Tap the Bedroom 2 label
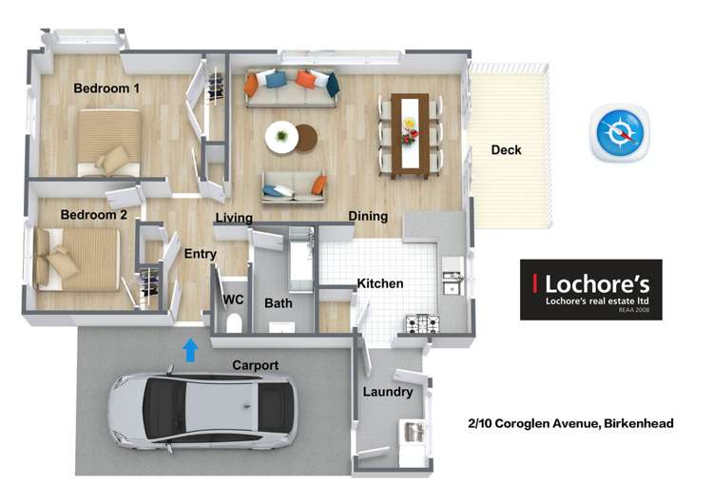[x=93, y=215]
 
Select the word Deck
[x=506, y=150]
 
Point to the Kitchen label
[x=380, y=283]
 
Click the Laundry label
[x=387, y=392]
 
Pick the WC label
[x=234, y=300]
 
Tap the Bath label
[x=279, y=303]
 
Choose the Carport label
[x=256, y=365]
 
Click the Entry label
[x=201, y=254]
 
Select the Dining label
[x=368, y=217]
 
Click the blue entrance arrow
[x=190, y=350]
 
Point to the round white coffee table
[x=282, y=137]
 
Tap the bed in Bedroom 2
[x=77, y=258]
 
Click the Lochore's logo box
[x=590, y=289]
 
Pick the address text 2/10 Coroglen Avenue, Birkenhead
[x=569, y=424]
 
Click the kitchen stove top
[x=422, y=324]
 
